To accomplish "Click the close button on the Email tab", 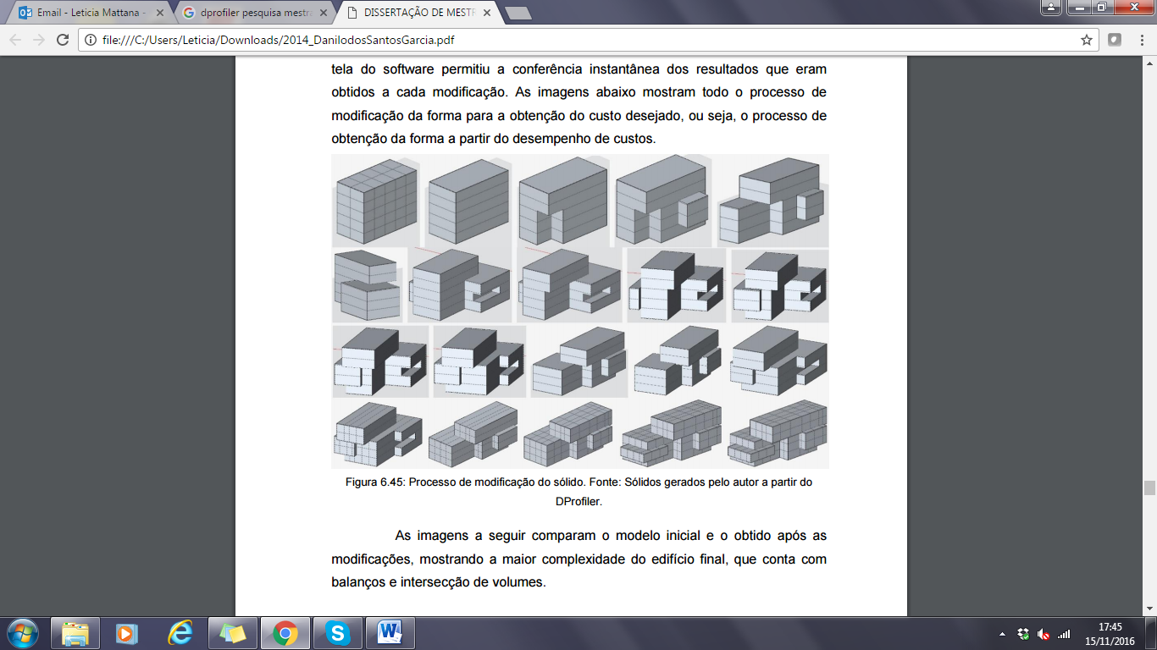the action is [159, 13].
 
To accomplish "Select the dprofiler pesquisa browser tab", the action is [255, 13].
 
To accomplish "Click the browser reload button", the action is [63, 40].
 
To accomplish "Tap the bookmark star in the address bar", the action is [1086, 40].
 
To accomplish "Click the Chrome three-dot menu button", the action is [1142, 40].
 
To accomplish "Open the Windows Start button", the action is [23, 633].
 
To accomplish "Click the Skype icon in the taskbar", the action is [338, 633].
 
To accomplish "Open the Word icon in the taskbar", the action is [390, 633].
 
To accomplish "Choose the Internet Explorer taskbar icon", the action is [180, 633].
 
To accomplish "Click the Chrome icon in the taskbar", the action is [285, 633].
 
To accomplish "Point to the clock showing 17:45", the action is [1110, 627].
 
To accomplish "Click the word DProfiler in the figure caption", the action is [578, 501].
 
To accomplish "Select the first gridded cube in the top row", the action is [376, 201].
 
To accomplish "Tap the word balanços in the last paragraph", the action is [356, 582].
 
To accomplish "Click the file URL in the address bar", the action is [279, 40].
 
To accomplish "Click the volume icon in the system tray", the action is [1044, 634].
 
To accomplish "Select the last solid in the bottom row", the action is [778, 432].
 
